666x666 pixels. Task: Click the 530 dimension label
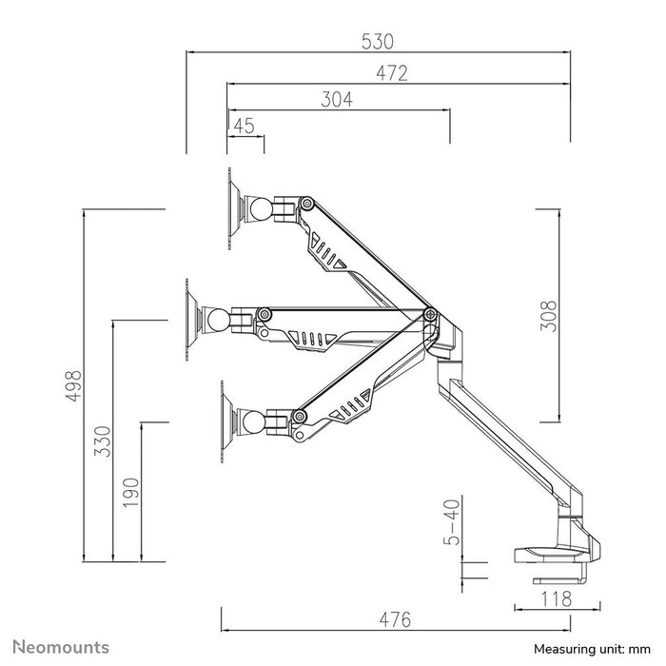point(378,42)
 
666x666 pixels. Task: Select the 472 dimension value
point(391,72)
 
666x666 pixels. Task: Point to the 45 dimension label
point(244,125)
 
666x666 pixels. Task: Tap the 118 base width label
point(557,598)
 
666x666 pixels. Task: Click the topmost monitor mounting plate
point(232,208)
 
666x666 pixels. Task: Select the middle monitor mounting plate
point(191,319)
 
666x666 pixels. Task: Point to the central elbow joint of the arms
point(429,314)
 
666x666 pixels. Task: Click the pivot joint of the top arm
point(307,203)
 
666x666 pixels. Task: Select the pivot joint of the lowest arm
point(299,416)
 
